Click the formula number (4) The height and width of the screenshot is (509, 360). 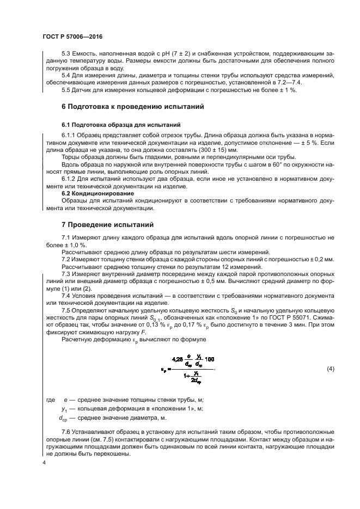329,370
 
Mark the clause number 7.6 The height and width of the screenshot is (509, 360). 67,430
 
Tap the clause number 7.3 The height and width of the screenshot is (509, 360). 67,273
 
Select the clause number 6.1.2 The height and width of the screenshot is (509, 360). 70,179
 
